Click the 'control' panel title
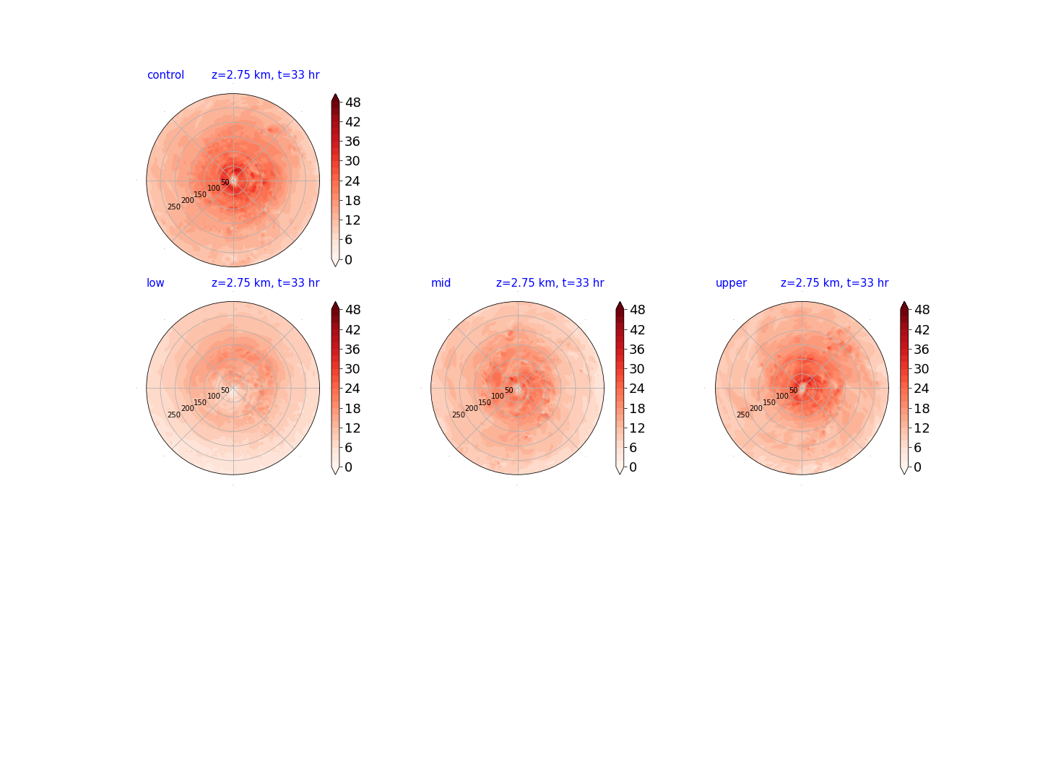click(165, 75)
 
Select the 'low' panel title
click(155, 282)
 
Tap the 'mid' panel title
click(441, 282)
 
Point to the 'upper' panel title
click(731, 283)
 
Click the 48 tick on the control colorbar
click(353, 103)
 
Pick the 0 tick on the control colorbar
click(349, 259)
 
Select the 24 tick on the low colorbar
click(352, 389)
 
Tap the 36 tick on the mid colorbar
click(637, 349)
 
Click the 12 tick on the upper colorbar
click(921, 428)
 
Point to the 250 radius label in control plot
click(174, 207)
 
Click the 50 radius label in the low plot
click(225, 390)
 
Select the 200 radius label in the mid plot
click(472, 408)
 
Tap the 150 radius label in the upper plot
click(769, 402)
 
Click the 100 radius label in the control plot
click(214, 188)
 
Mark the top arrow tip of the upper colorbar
click(903, 301)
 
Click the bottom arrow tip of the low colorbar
click(335, 474)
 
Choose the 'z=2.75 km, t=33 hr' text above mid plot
click(550, 282)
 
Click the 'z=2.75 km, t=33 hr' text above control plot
click(265, 75)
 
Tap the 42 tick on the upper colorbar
click(921, 329)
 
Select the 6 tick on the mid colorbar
click(633, 448)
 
